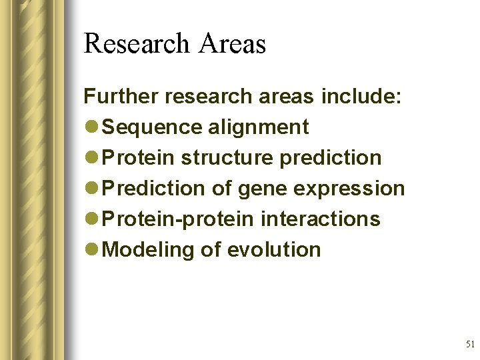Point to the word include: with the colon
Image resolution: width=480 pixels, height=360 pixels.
click(361, 97)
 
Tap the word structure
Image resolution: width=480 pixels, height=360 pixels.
click(227, 158)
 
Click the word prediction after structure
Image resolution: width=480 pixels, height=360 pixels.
click(331, 158)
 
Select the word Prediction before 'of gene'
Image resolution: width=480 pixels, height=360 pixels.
click(155, 189)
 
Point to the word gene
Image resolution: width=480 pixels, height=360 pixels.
click(262, 189)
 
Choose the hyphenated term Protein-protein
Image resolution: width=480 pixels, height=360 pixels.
click(179, 219)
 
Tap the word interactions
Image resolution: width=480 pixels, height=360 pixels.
click(321, 219)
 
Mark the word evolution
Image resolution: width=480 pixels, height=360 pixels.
click(274, 250)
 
